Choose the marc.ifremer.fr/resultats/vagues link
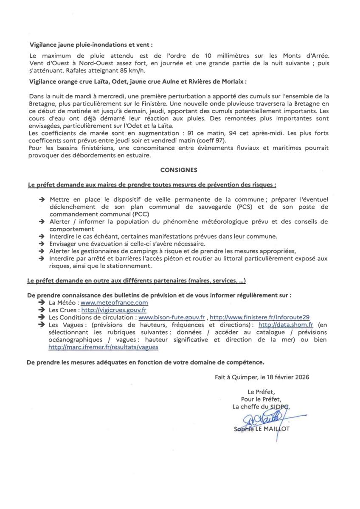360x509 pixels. tap(103, 347)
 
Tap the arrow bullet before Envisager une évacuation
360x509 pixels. tap(42, 243)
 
